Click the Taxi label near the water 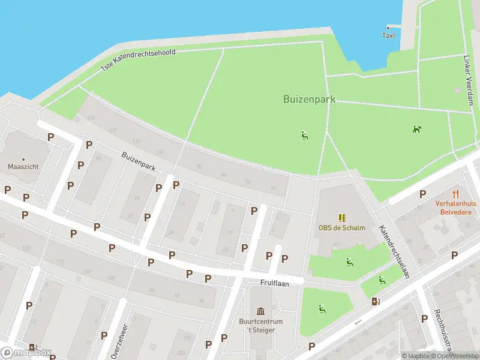point(389,35)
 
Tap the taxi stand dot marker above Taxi point(389,26)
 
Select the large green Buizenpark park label point(309,99)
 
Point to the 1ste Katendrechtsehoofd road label point(138,61)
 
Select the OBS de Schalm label point(342,228)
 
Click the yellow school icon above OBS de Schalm point(342,217)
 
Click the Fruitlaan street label point(271,281)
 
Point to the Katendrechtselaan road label point(394,251)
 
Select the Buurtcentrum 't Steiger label point(261,325)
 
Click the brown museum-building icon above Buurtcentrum point(261,311)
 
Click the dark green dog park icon point(416,129)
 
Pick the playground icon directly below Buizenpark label point(305,136)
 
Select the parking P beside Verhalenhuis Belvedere point(423,194)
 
